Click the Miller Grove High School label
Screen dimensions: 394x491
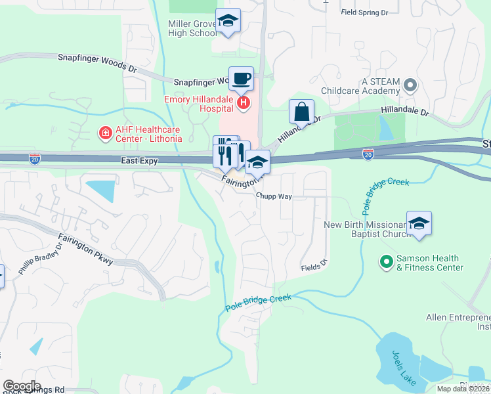(192, 28)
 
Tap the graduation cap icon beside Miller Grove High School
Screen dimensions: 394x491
(228, 21)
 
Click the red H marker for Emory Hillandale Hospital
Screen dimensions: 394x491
(244, 102)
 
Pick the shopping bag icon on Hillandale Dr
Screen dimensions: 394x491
(301, 112)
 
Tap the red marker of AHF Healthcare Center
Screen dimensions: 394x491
(104, 134)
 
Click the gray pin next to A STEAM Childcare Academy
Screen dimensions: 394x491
(410, 85)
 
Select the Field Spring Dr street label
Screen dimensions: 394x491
(365, 12)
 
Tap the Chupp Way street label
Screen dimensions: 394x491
(274, 196)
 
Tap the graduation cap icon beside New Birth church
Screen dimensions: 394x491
(419, 224)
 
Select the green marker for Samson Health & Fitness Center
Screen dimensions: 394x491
(387, 263)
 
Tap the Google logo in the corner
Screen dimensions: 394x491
(22, 386)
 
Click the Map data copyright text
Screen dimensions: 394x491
(463, 389)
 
